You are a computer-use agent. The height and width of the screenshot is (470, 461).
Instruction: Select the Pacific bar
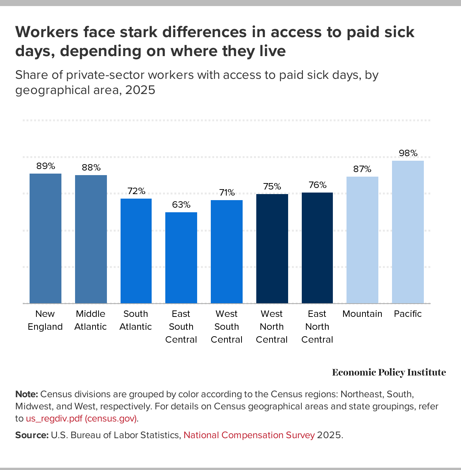click(x=408, y=232)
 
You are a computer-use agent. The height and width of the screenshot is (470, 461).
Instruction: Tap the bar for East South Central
click(x=181, y=257)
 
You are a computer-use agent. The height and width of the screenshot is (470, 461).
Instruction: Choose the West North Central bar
click(x=272, y=248)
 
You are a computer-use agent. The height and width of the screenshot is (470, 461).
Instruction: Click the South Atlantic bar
click(x=136, y=251)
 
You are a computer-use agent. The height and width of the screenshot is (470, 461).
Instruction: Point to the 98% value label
click(x=408, y=153)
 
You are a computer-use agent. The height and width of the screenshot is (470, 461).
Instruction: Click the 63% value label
click(x=181, y=205)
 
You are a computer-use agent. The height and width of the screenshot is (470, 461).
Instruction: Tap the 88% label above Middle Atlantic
click(x=91, y=168)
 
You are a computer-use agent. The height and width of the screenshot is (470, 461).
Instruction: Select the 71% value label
click(x=227, y=193)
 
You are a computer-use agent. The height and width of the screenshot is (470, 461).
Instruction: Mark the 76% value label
click(x=317, y=185)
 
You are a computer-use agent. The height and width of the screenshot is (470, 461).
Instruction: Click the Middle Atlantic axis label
click(x=91, y=320)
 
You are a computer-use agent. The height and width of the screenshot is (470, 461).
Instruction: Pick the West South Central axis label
click(x=227, y=327)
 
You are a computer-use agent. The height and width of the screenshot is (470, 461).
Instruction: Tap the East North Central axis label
click(x=317, y=327)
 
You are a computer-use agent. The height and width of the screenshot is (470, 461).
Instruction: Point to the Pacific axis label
click(x=408, y=314)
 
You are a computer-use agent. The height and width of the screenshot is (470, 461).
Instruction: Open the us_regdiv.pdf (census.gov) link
click(x=82, y=419)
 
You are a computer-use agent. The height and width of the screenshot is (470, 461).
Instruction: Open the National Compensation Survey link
click(x=249, y=435)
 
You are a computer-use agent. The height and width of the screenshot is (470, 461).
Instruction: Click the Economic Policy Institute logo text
click(x=389, y=373)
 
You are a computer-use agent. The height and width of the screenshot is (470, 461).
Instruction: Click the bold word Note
click(x=26, y=394)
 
